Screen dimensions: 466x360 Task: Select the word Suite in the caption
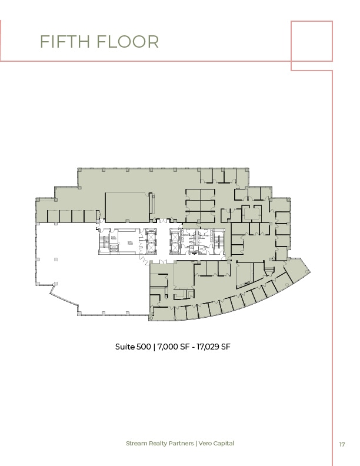pyautogui.click(x=125, y=347)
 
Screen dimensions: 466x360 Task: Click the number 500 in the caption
pyautogui.click(x=145, y=347)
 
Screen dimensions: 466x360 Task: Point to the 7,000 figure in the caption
pyautogui.click(x=168, y=347)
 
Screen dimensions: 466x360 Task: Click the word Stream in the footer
pyautogui.click(x=138, y=443)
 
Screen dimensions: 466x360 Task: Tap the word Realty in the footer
pyautogui.click(x=160, y=443)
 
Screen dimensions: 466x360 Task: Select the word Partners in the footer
pyautogui.click(x=185, y=443)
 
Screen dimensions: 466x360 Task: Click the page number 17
pyautogui.click(x=342, y=444)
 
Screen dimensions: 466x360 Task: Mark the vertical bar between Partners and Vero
pyautogui.click(x=200, y=443)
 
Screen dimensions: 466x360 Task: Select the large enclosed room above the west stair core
pyautogui.click(x=126, y=207)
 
